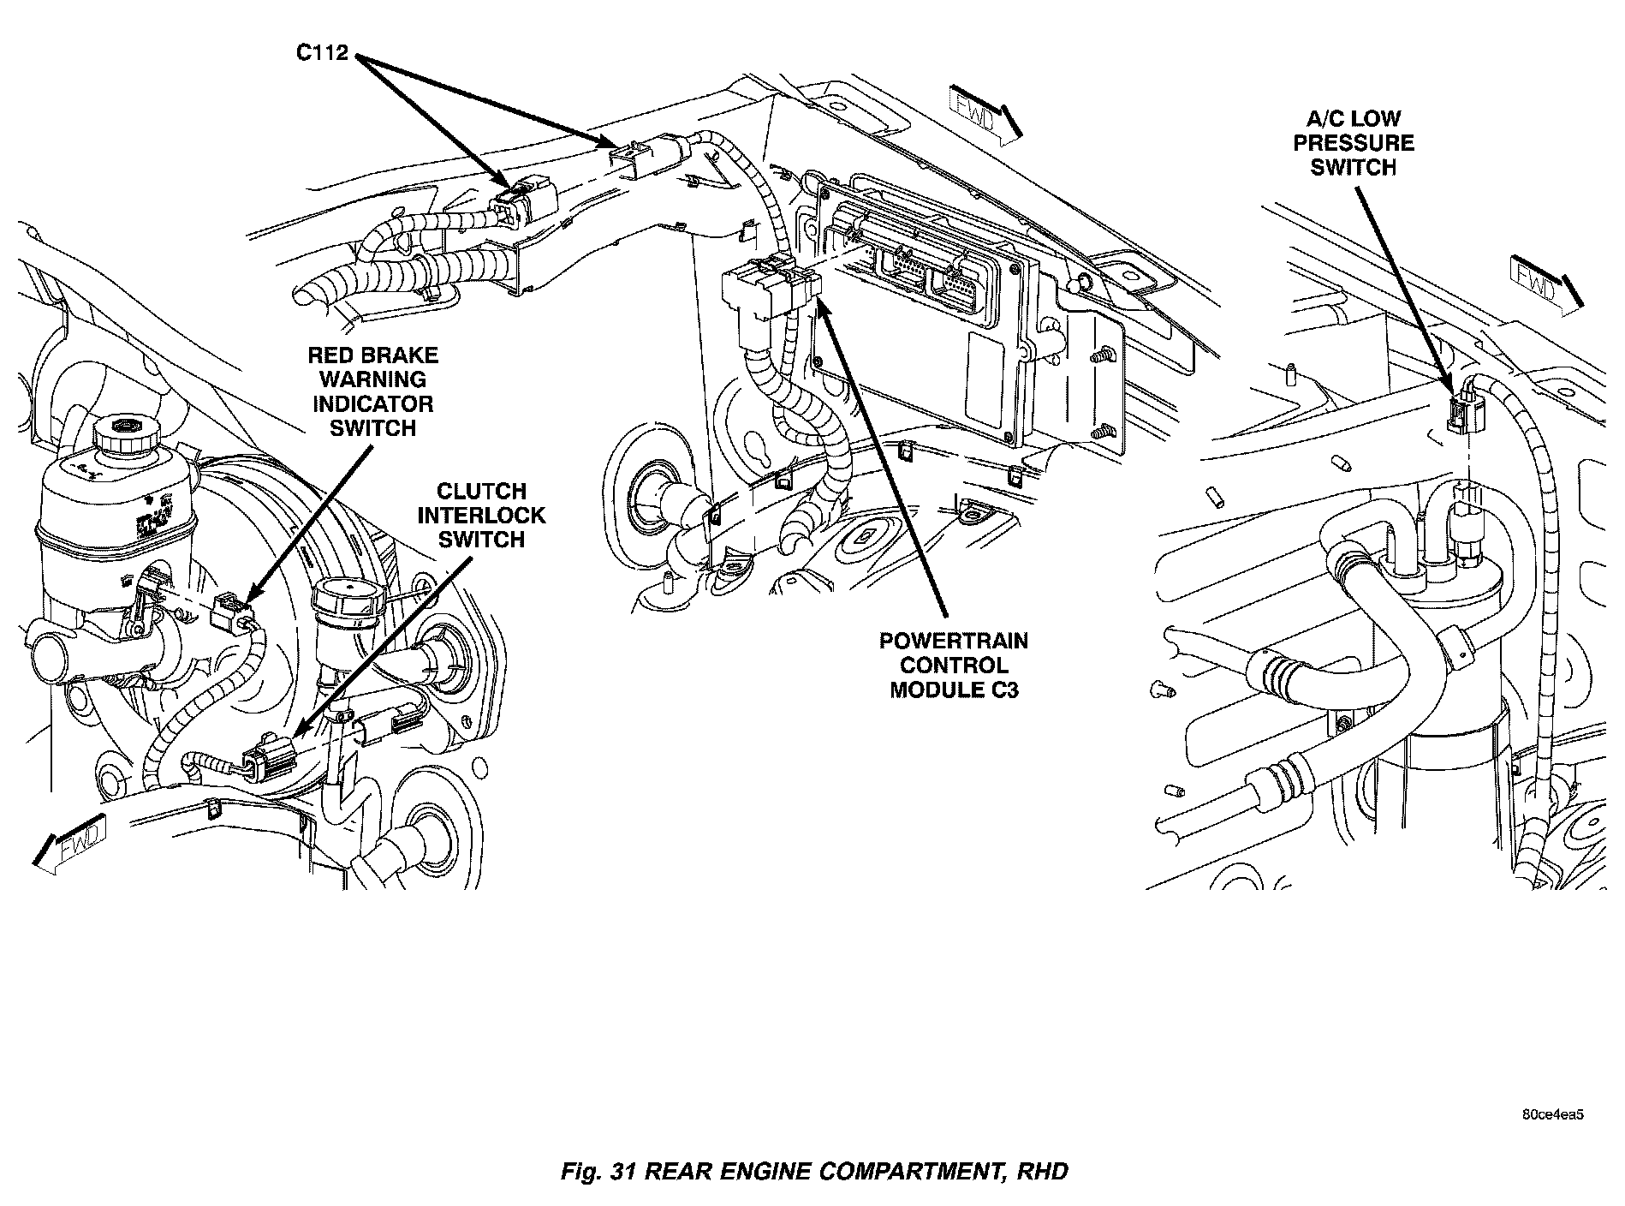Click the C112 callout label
click(322, 53)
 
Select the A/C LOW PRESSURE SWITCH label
click(1354, 143)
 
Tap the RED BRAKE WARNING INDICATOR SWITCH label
click(372, 391)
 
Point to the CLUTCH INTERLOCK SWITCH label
click(480, 515)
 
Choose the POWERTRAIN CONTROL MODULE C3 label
click(954, 665)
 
